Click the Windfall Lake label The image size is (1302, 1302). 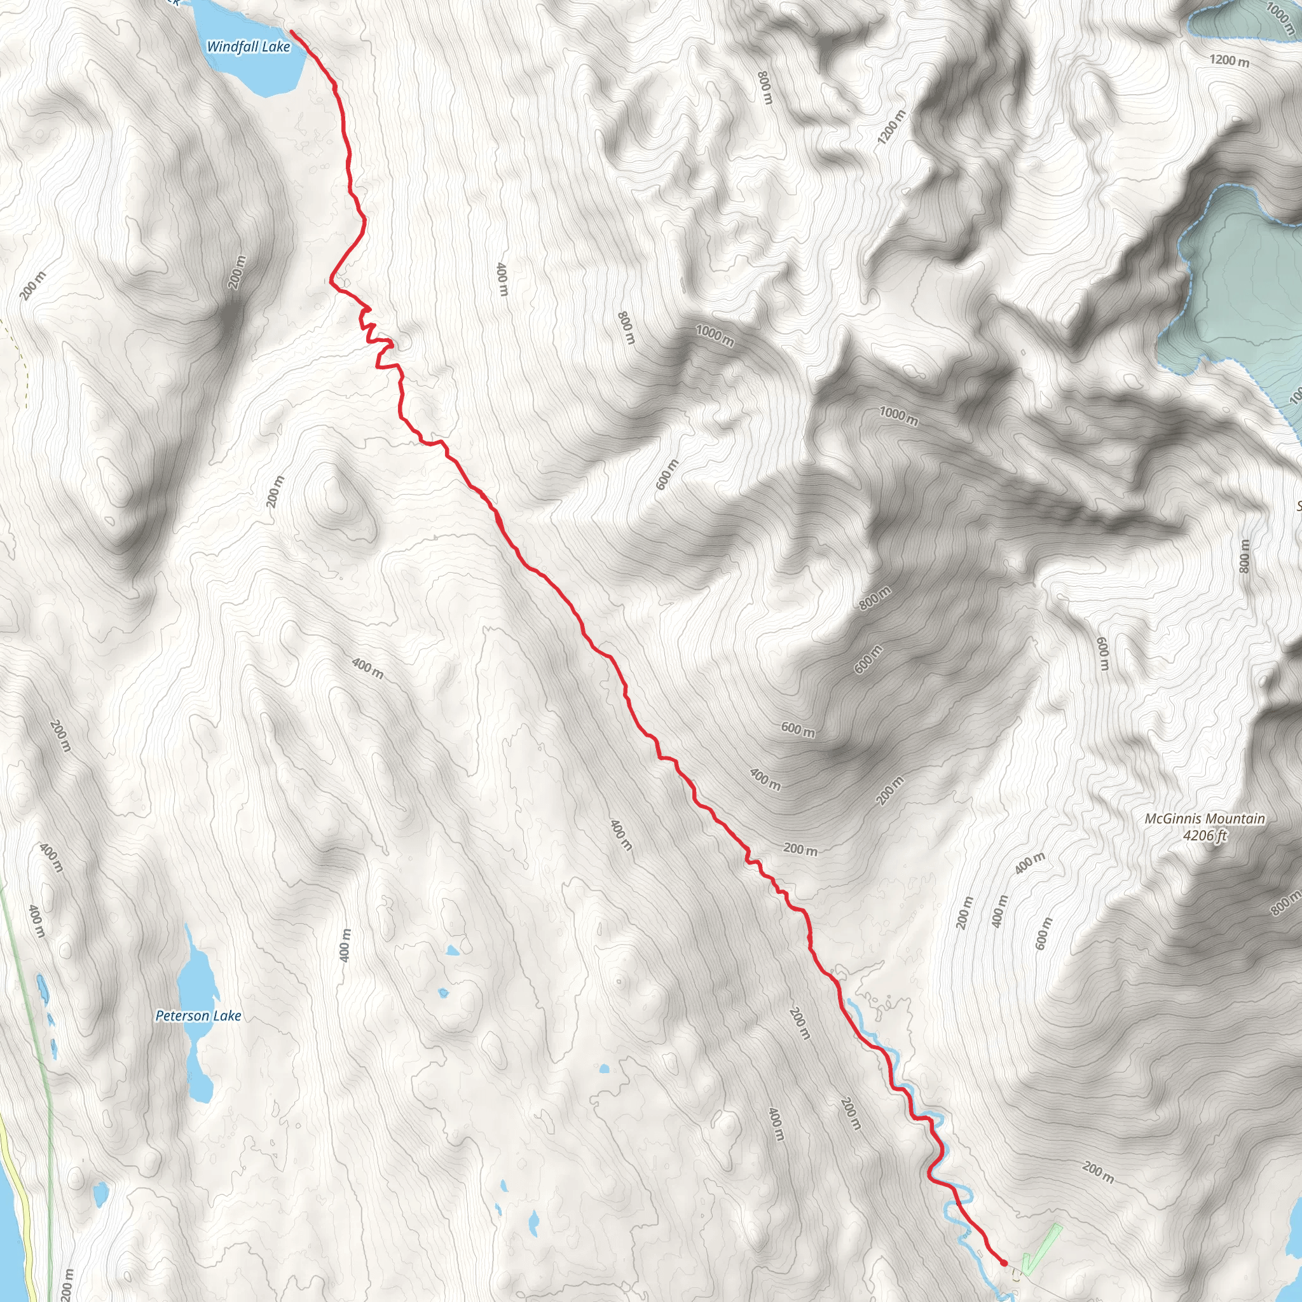pos(248,46)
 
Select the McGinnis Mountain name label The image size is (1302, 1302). pos(1205,819)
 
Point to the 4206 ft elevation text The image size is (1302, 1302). pos(1205,835)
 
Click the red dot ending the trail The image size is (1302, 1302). pos(1003,1262)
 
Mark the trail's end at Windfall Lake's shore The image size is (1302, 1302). pos(292,31)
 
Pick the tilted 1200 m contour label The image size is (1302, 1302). pos(891,127)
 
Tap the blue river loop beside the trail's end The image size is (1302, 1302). pos(961,1196)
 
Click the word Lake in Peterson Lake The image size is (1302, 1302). pos(228,1015)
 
